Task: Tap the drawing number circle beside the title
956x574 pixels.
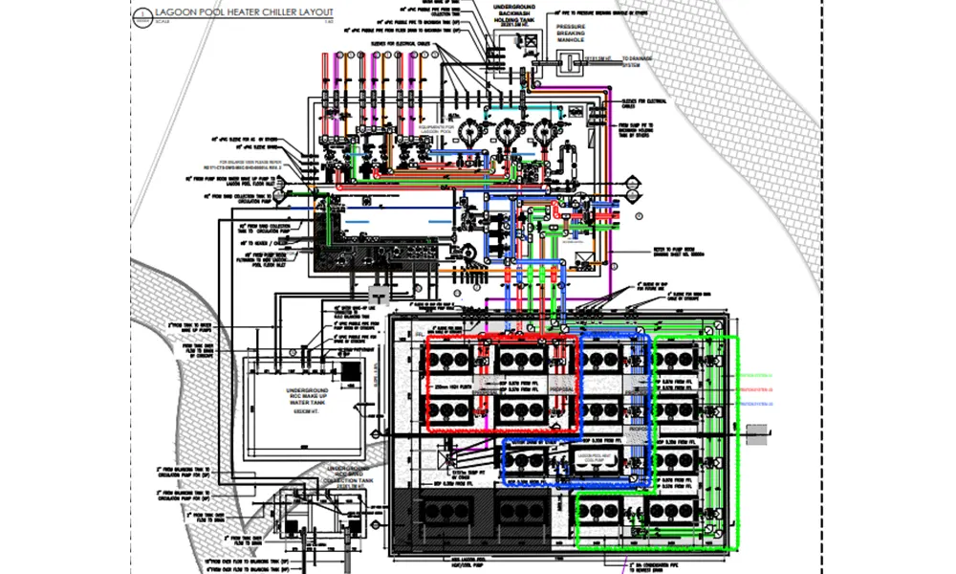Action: click(x=140, y=15)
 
